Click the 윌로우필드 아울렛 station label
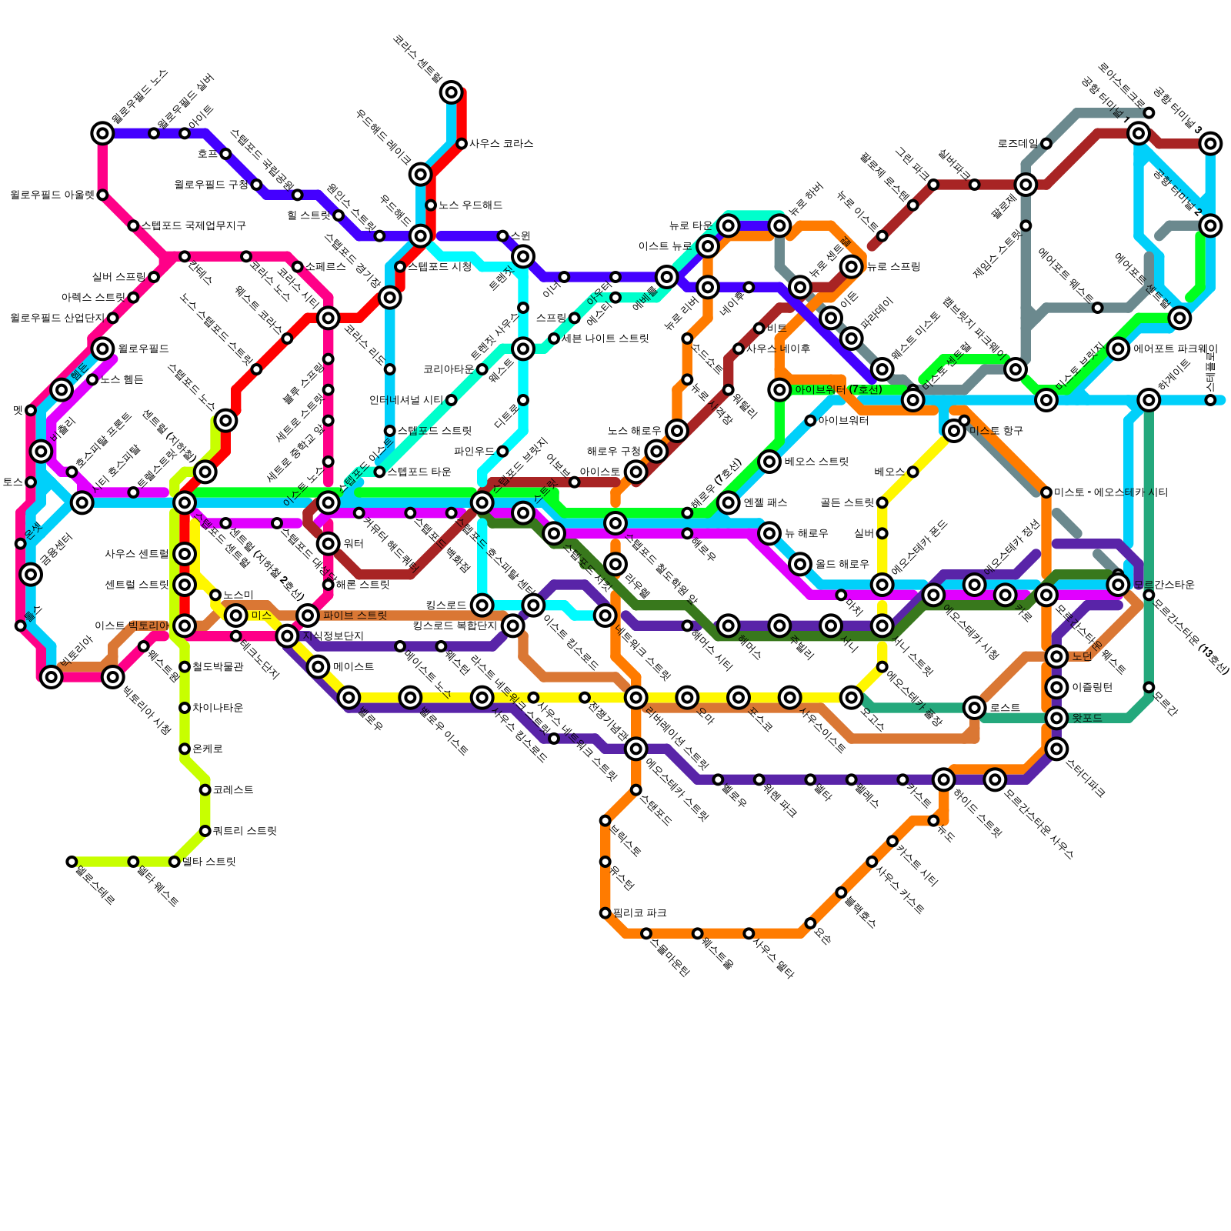tap(52, 195)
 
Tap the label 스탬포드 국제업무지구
tap(193, 226)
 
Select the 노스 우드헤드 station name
tap(470, 205)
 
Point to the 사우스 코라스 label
tap(501, 144)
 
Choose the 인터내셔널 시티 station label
tap(405, 400)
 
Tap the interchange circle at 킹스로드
tap(482, 605)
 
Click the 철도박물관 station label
tap(218, 667)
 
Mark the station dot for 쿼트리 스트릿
tap(205, 831)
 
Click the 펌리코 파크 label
tap(639, 913)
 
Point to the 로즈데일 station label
tap(1017, 144)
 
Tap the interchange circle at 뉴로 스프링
tap(852, 267)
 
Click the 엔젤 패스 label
tap(765, 503)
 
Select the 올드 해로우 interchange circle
tap(801, 564)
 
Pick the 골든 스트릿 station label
tap(847, 503)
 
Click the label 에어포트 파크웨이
tap(1175, 349)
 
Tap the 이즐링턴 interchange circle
tap(1057, 687)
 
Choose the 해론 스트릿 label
tap(362, 585)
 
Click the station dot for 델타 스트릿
tap(175, 862)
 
